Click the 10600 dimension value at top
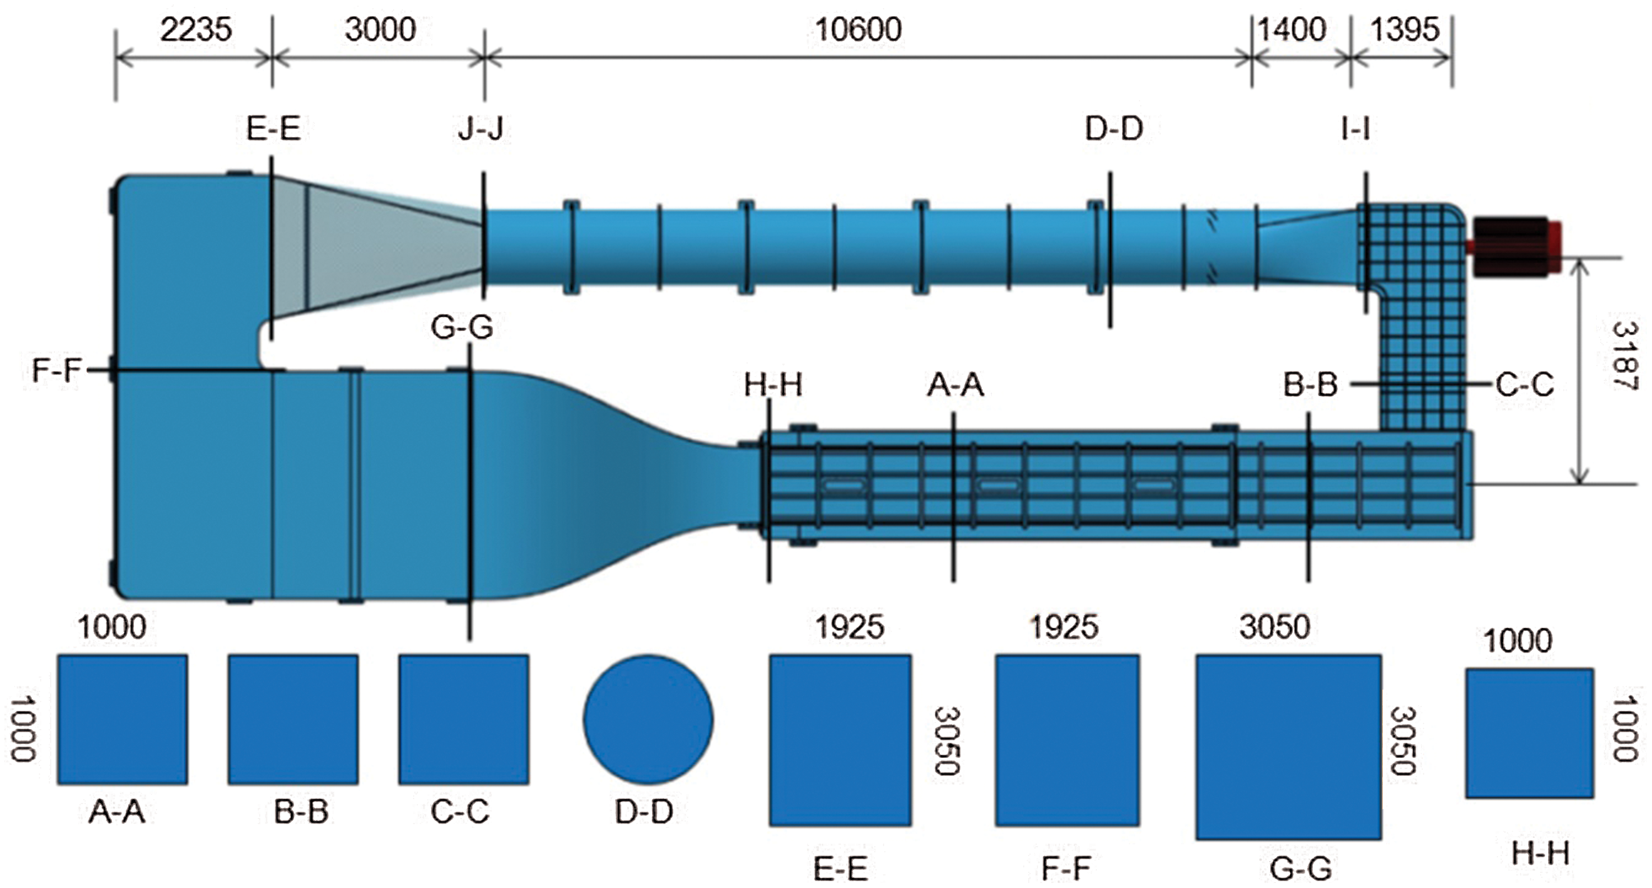click(857, 30)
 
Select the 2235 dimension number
click(196, 30)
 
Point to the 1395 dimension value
click(1404, 30)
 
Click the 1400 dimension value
click(1292, 30)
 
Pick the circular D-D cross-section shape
click(648, 720)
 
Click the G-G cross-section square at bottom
click(1288, 747)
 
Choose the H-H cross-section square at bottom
click(1529, 733)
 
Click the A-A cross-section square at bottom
click(123, 720)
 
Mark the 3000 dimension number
click(380, 30)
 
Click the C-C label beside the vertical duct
click(1524, 385)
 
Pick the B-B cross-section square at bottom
click(293, 720)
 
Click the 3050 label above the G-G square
click(1274, 627)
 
